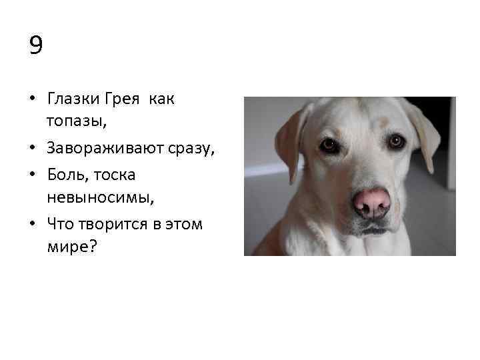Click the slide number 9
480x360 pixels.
[36, 45]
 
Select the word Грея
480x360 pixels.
[122, 99]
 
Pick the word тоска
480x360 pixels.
[115, 174]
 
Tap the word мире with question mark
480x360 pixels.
[72, 247]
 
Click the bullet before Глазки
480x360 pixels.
[32, 100]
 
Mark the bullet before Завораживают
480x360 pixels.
[32, 150]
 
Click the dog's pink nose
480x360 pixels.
[371, 201]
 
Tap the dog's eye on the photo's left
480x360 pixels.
[329, 145]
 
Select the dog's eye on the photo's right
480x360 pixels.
[397, 141]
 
